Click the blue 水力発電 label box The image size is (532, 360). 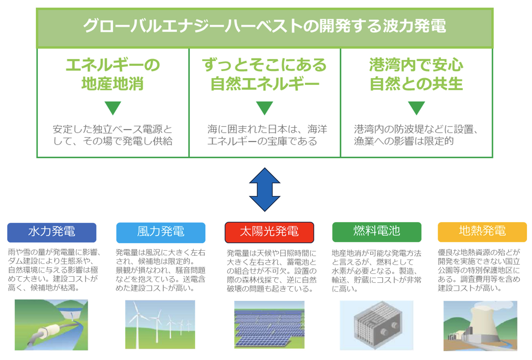pyautogui.click(x=52, y=232)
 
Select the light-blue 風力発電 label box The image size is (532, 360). pyautogui.click(x=161, y=232)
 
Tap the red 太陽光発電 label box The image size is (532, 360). pyautogui.click(x=269, y=232)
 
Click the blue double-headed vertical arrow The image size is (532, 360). pyautogui.click(x=265, y=189)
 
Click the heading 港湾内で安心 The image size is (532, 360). pyautogui.click(x=416, y=65)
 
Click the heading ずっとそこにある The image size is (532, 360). pyautogui.click(x=265, y=65)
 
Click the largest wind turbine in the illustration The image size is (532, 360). pyautogui.click(x=137, y=319)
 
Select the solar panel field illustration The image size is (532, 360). pyautogui.click(x=269, y=325)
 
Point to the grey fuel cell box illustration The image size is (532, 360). pyautogui.click(x=377, y=324)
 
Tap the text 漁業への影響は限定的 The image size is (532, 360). pyautogui.click(x=404, y=141)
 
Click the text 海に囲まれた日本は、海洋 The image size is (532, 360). pyautogui.click(x=267, y=129)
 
